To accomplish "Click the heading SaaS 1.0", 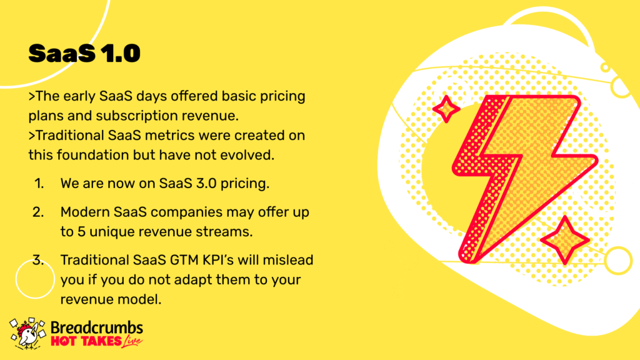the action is click(84, 54).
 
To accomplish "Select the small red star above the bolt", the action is click(446, 109).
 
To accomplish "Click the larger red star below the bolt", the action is click(565, 241).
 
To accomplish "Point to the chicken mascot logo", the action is click(27, 334).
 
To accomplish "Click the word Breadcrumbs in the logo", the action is click(97, 327).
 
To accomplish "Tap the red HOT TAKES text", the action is click(86, 341).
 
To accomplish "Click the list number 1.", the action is click(39, 184).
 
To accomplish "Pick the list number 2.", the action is click(38, 212).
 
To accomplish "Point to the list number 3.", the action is click(38, 260).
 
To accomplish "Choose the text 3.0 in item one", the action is click(206, 184).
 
